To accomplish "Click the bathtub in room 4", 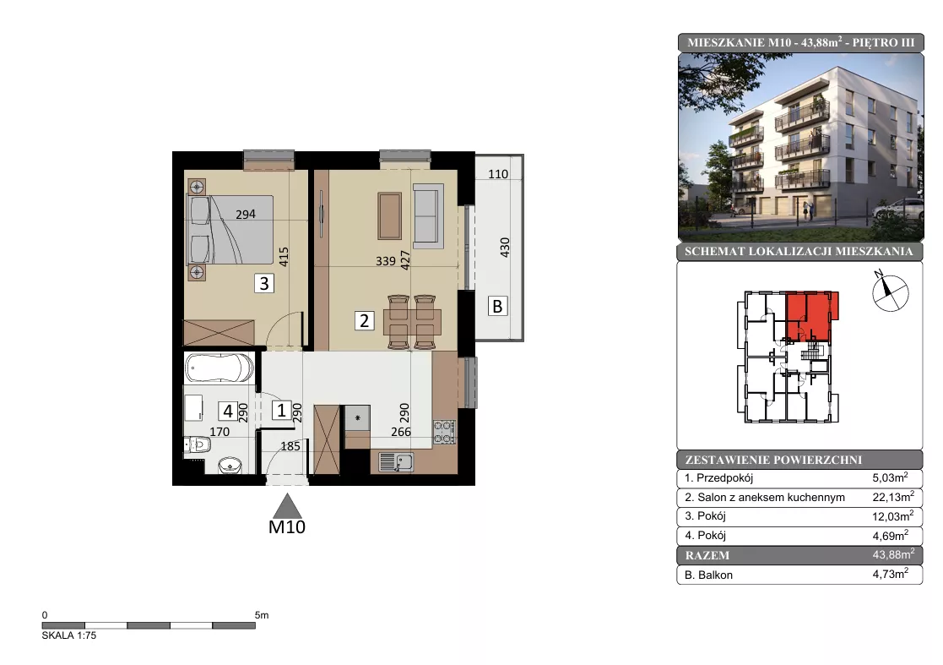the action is tap(219, 368).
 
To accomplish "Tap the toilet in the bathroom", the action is tap(198, 444).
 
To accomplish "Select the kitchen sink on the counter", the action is tap(396, 462).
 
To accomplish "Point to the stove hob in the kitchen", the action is tap(444, 432).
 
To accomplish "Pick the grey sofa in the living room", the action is tap(428, 216).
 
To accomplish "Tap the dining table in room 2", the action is tap(412, 321).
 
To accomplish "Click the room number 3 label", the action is tap(264, 283).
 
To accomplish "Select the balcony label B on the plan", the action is tap(497, 307).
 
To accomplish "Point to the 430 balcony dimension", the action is tap(505, 248).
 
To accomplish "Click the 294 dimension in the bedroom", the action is tap(246, 215).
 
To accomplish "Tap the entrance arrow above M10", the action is tap(288, 506).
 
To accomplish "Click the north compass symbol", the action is tap(890, 292).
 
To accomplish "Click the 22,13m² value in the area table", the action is tap(893, 497).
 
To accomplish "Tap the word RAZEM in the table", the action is tap(707, 555).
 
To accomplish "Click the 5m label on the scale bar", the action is tap(262, 615).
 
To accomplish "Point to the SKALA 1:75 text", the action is tap(69, 635).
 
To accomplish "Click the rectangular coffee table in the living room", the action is tap(390, 216).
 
